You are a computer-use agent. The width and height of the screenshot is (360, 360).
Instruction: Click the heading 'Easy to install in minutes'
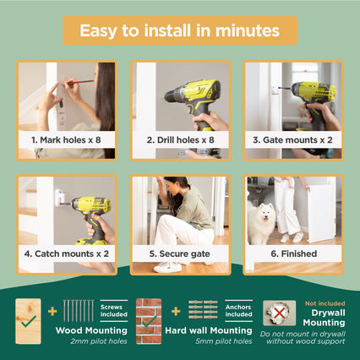180,30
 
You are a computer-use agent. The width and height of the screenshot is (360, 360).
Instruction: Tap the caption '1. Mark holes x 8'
66,140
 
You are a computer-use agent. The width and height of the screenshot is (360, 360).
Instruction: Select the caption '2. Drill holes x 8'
180,140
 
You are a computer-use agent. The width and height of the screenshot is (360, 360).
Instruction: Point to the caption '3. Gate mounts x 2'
292,140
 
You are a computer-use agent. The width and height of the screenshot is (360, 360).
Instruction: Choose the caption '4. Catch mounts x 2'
67,254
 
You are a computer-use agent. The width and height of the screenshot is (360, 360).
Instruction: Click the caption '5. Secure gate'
180,254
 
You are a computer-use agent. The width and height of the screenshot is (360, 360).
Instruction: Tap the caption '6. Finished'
294,254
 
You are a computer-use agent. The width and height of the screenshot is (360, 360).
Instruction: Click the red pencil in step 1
79,82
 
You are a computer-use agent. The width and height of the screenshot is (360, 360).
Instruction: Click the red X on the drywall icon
279,313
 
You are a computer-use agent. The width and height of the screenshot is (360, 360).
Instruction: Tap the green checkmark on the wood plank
29,321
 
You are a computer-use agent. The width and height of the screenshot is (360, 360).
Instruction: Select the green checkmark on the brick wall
150,321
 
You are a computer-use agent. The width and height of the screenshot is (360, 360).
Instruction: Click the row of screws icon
79,311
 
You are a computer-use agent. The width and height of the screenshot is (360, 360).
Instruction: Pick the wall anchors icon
203,309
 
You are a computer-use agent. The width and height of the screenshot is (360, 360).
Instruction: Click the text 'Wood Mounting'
91,330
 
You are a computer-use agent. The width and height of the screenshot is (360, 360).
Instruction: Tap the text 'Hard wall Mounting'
209,330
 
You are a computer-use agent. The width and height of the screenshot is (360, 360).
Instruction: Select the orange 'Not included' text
325,303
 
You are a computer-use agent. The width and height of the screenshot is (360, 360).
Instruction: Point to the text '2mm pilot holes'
99,341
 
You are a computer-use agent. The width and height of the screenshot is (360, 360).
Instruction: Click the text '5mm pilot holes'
224,341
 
